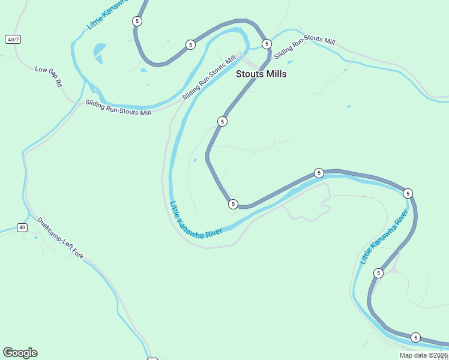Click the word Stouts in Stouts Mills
(x=249, y=74)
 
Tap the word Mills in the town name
(x=275, y=74)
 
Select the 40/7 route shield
(x=13, y=40)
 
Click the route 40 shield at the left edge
(x=22, y=227)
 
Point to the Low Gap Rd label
(x=49, y=77)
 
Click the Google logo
(x=20, y=353)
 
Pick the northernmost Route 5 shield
(x=137, y=21)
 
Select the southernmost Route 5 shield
(x=415, y=337)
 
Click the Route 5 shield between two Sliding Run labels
(x=267, y=44)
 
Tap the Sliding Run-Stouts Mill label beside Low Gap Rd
(x=118, y=107)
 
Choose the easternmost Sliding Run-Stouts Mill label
(x=304, y=47)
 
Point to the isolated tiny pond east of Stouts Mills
(x=349, y=107)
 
